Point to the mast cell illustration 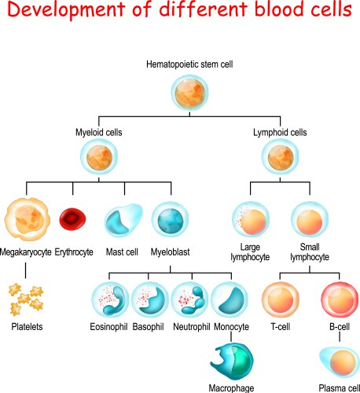pos(123,221)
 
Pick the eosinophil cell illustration pos(110,299)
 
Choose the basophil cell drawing pos(150,299)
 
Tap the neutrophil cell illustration pos(190,299)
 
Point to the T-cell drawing pos(279,302)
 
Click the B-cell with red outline pos(340,302)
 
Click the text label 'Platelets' pos(28,325)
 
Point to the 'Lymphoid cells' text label pos(278,132)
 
